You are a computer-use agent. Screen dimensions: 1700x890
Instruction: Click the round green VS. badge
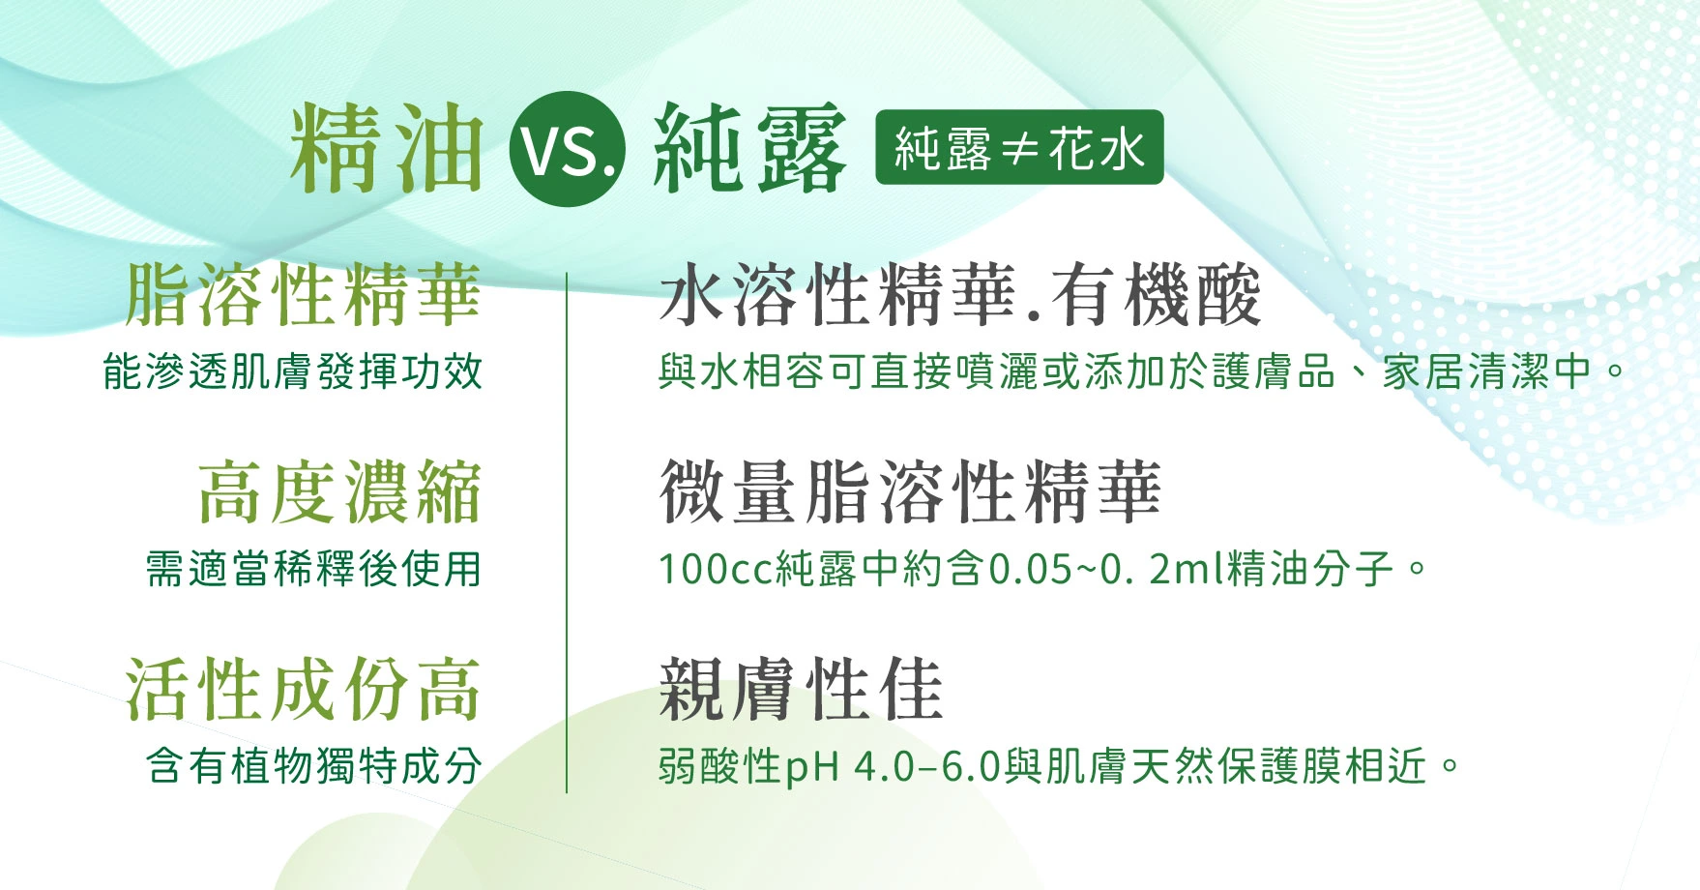click(568, 149)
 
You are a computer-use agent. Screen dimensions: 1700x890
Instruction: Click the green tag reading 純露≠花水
click(1019, 148)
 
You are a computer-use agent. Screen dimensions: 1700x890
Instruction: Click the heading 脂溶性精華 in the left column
click(303, 294)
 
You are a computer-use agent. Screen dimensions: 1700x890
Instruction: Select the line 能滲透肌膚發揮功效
click(292, 371)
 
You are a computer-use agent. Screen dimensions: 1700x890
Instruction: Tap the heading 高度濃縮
click(339, 491)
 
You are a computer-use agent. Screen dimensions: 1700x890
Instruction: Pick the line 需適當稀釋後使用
click(313, 569)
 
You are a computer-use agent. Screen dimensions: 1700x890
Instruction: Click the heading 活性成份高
click(303, 689)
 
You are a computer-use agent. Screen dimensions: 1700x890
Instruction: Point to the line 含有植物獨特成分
click(313, 766)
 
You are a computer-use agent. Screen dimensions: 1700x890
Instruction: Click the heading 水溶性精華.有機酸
click(960, 294)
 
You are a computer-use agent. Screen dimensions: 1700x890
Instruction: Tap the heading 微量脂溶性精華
click(910, 491)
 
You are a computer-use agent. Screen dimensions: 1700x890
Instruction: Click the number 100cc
click(716, 569)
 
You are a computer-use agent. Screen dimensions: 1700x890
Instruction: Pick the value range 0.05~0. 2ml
click(1107, 569)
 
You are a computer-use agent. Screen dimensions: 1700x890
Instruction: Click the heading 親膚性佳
click(801, 689)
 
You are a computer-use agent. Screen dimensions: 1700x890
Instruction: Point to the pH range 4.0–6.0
click(926, 767)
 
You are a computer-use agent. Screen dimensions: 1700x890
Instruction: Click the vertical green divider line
click(567, 533)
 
